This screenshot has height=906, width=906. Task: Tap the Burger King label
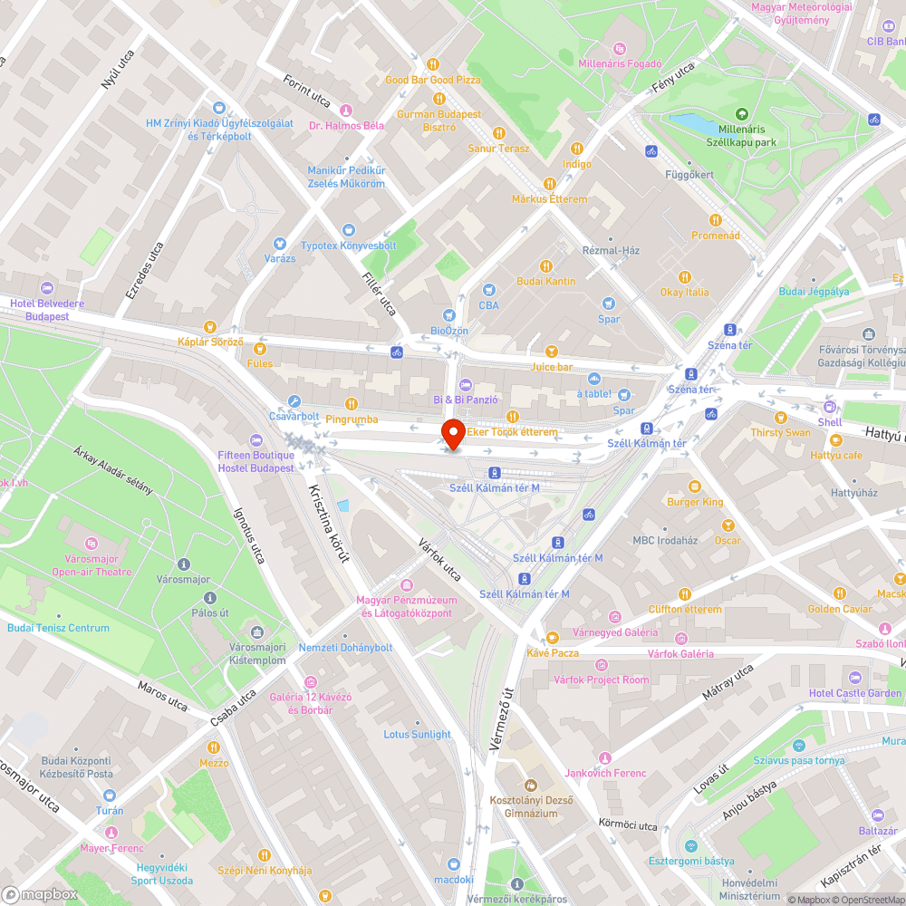tap(695, 501)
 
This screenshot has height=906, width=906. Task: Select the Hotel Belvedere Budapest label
tap(47, 310)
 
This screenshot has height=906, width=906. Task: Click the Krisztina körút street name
tap(329, 524)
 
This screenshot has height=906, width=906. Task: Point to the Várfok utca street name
tap(439, 559)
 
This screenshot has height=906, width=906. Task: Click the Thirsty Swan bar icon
tap(780, 418)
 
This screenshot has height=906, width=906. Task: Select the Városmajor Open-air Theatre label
tap(92, 565)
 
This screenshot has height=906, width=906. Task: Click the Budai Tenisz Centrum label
tap(58, 628)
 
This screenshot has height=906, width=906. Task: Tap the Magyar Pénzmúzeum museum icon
tap(407, 585)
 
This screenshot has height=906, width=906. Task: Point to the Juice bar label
tap(552, 367)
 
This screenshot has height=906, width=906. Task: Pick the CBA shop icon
tap(489, 291)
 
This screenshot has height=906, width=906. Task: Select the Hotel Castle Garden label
tap(854, 693)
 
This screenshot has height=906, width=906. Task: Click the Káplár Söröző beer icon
tap(210, 326)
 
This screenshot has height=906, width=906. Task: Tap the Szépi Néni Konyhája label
tap(265, 870)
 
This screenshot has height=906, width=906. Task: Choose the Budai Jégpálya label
tap(814, 292)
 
